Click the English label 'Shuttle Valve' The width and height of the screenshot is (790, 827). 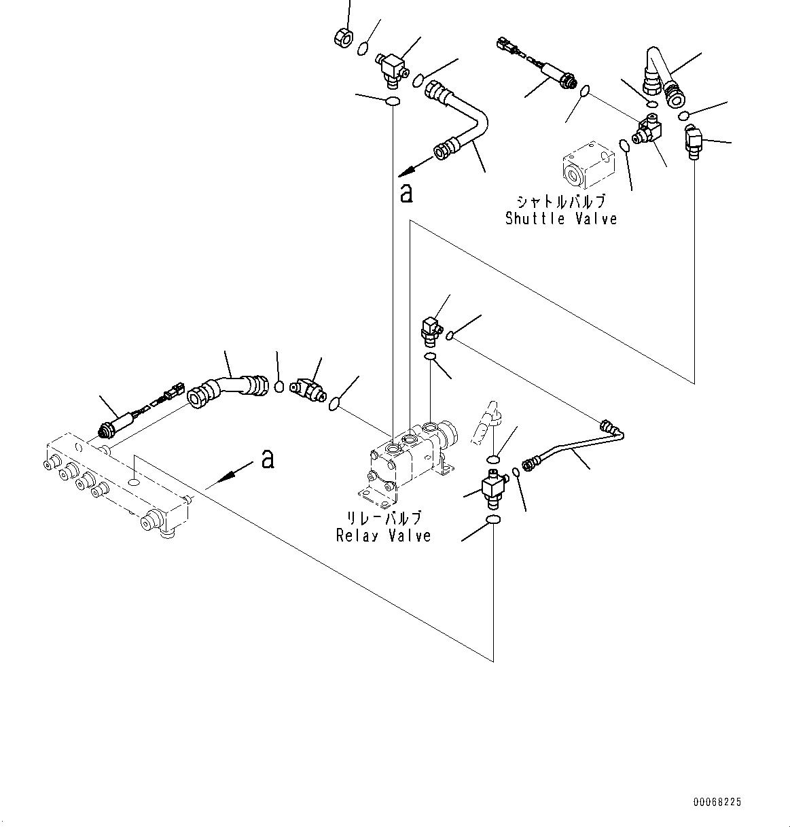coord(561,219)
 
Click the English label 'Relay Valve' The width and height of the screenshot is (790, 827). coord(383,535)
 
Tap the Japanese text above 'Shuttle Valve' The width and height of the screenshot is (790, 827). coord(560,202)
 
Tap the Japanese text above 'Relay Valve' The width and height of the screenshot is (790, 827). coord(382,519)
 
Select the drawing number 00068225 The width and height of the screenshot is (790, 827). coord(717,803)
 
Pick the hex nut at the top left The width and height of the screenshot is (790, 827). coord(343,39)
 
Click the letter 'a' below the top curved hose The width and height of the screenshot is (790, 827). coord(406,194)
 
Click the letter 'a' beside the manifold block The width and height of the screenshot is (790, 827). coord(268,459)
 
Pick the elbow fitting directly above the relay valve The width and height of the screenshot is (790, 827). coord(430,328)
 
